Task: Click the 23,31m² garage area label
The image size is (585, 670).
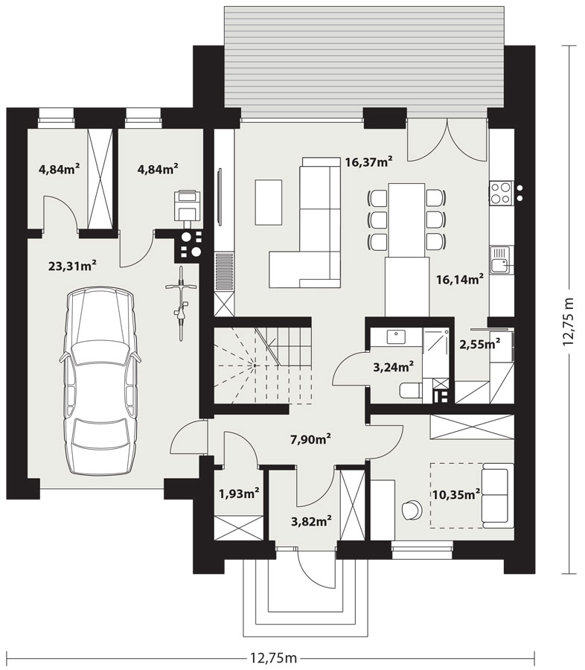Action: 72,266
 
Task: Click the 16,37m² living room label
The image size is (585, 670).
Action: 368,162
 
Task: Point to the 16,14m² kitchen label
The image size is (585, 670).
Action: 460,279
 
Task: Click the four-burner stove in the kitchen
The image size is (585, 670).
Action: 501,192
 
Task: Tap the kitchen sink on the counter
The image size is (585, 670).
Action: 502,260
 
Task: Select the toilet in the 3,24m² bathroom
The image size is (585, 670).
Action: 411,390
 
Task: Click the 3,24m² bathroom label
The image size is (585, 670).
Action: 394,366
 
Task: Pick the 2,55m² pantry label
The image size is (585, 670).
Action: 479,344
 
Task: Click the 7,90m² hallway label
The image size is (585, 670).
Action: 310,439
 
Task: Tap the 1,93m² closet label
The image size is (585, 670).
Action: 239,494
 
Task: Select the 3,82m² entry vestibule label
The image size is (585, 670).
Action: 312,521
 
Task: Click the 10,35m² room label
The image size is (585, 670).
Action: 456,495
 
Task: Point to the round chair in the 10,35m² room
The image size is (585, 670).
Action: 412,509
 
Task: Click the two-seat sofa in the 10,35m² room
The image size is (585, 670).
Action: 497,496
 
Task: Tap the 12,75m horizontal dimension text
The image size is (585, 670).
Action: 272,658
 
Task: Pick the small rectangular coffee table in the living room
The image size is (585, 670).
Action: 269,202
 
